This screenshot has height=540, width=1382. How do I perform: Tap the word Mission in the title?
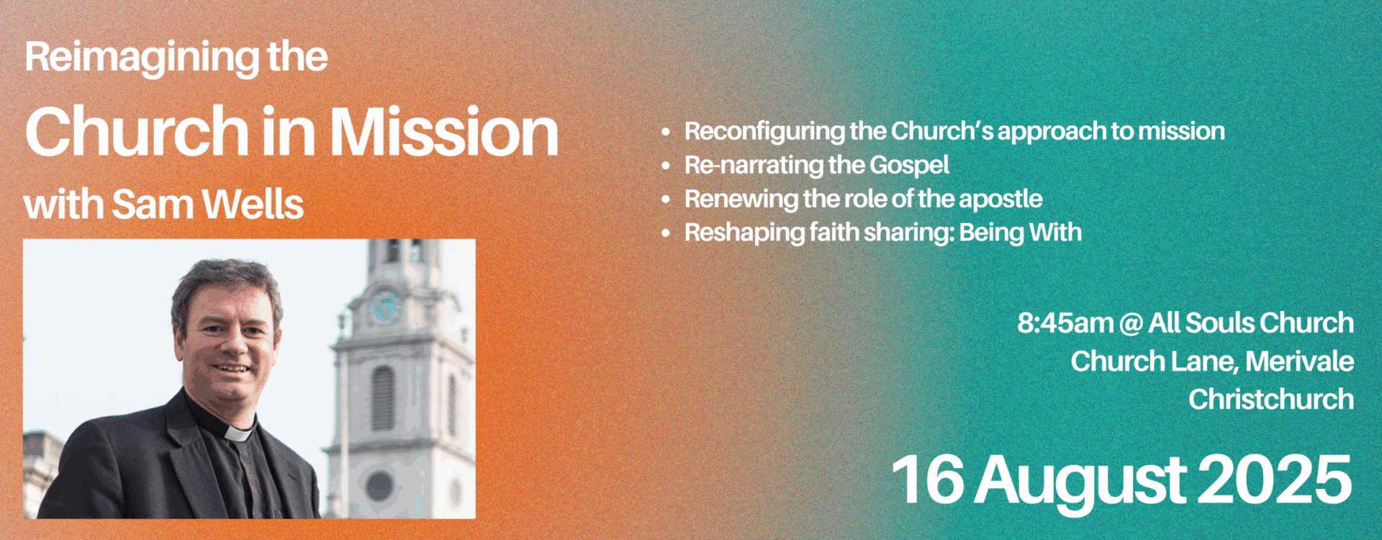pos(444,132)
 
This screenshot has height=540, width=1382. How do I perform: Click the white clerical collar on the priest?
pos(239,433)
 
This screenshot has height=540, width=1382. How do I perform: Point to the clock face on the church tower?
pos(384,307)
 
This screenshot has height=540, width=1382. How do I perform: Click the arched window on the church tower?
pos(383,399)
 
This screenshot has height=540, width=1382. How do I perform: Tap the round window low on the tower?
pos(379,486)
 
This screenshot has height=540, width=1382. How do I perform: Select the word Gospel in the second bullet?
pos(909,166)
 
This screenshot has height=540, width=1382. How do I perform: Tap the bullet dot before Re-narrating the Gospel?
pos(666,166)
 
